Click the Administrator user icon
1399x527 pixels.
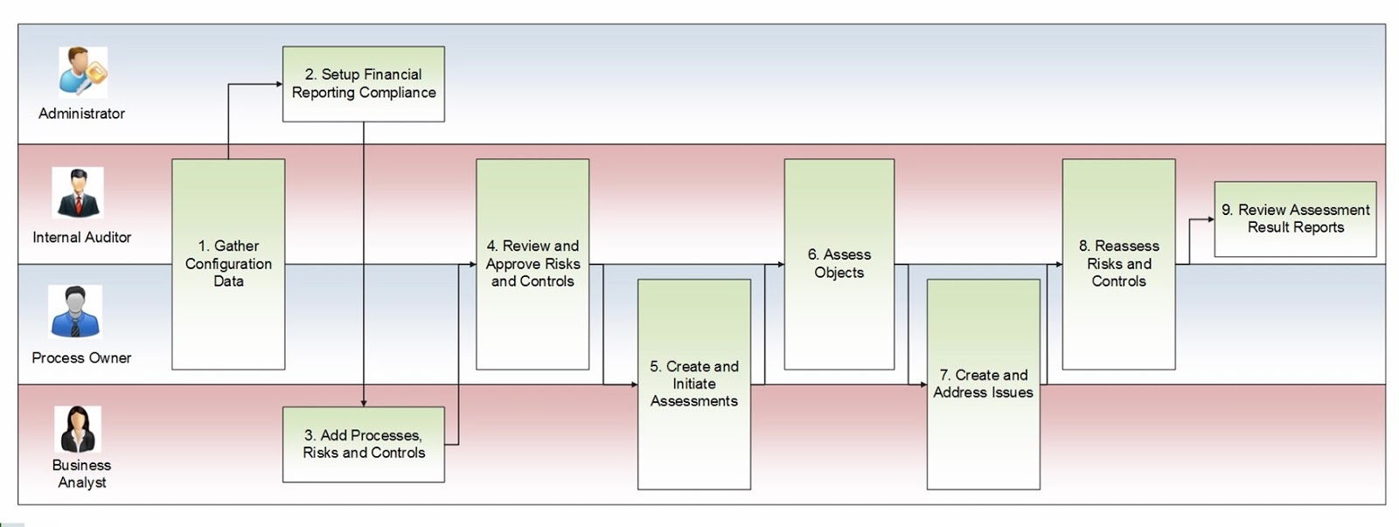82,72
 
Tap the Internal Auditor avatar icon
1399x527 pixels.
78,192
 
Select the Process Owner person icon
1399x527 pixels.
75,312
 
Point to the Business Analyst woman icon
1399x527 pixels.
78,429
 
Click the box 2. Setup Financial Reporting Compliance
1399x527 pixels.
364,84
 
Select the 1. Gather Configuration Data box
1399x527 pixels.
228,264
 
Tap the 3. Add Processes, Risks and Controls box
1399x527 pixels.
364,444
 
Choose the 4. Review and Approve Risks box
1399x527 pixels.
532,264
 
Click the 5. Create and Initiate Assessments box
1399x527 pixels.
694,384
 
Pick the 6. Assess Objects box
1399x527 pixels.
839,264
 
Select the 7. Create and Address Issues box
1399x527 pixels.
984,384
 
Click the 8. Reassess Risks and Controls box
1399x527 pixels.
1119,264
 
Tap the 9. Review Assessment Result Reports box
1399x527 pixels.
1296,218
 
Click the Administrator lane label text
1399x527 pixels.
81,114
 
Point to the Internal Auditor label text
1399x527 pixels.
81,237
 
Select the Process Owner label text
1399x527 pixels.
81,357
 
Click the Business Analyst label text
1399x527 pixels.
81,474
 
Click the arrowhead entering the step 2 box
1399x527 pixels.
279,84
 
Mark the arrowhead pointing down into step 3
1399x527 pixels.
364,403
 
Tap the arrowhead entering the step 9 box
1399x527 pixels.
1210,219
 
